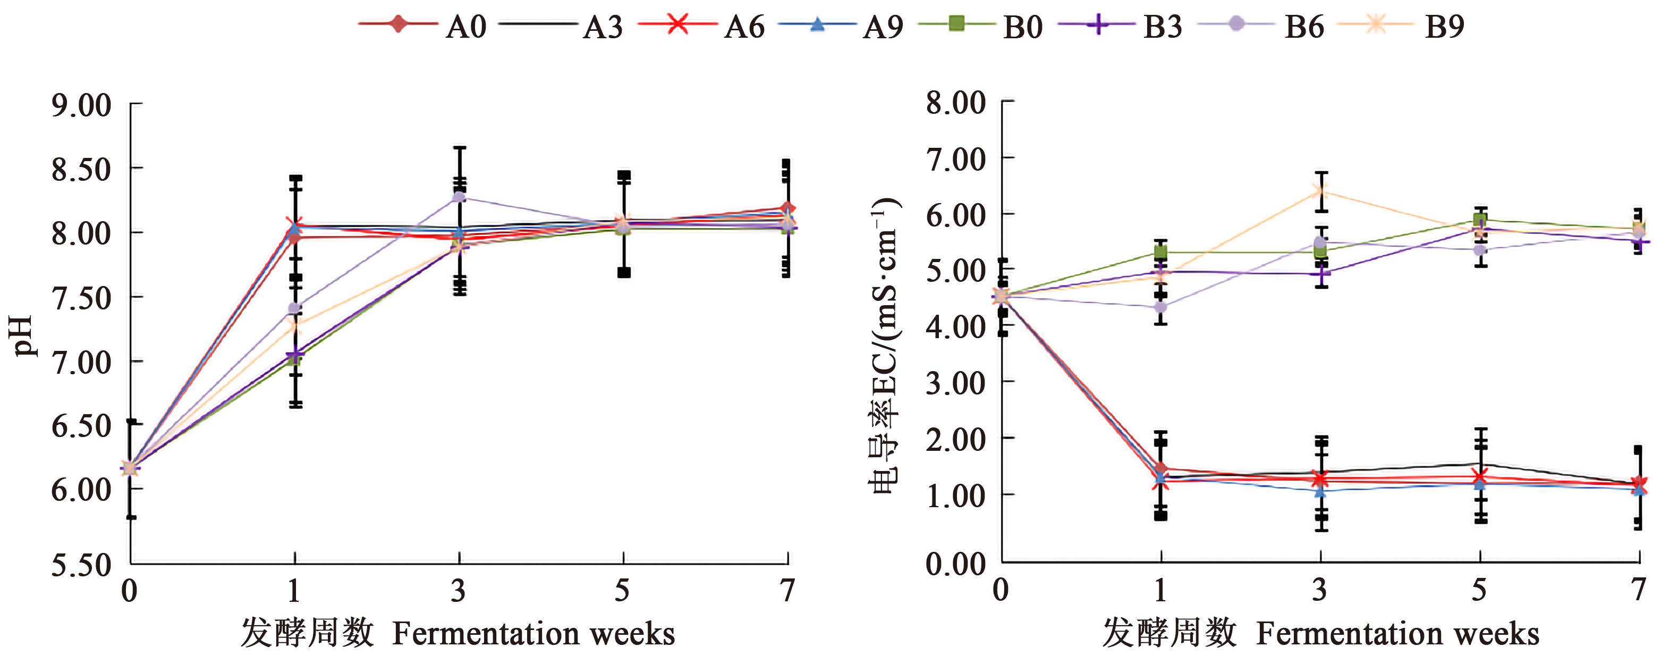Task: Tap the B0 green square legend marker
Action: pos(956,24)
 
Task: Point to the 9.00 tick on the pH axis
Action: pos(81,105)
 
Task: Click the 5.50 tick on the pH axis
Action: pos(81,565)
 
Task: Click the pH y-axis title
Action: pos(24,335)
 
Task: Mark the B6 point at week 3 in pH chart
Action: pos(459,197)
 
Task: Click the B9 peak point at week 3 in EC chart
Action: pos(1320,191)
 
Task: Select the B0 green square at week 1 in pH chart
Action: pos(295,359)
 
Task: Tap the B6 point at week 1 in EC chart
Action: pos(1160,307)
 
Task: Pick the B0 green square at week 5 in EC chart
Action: pos(1480,220)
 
